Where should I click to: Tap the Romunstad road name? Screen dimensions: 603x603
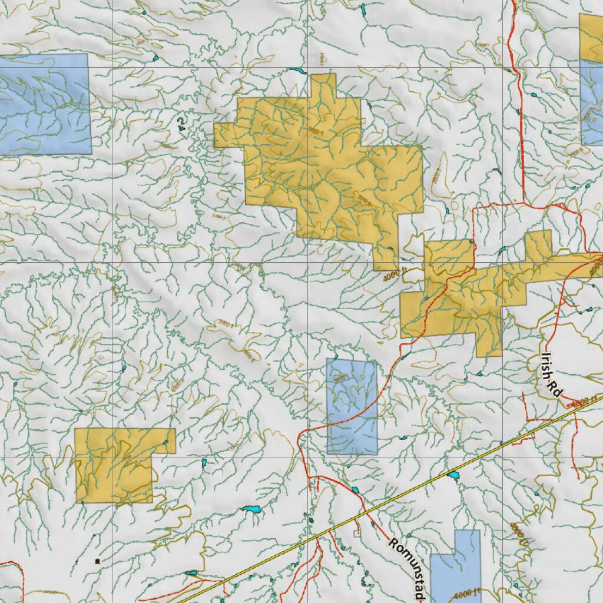(406, 569)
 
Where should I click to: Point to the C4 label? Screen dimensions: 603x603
(180, 122)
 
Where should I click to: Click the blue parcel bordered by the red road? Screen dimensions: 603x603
(352, 406)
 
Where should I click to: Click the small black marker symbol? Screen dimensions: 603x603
(97, 561)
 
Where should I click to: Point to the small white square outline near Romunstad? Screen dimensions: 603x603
(355, 533)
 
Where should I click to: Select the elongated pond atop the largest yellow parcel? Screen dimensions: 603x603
(295, 71)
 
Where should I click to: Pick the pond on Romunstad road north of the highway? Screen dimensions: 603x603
(355, 490)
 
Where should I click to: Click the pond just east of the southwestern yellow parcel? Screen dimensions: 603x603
(204, 463)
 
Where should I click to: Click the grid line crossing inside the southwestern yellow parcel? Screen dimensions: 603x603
(112, 458)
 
